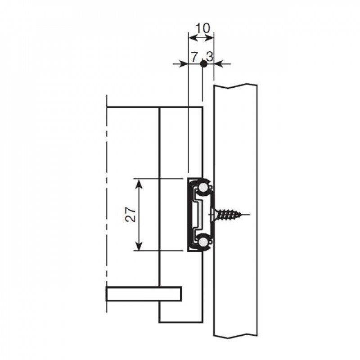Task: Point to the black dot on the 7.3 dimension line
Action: click(x=203, y=64)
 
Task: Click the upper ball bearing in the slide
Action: click(x=205, y=187)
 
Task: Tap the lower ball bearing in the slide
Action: click(x=205, y=243)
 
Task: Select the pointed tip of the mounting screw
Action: click(x=247, y=215)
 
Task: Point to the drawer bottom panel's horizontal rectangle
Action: click(x=144, y=293)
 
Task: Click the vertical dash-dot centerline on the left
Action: click(x=107, y=202)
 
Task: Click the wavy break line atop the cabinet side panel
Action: click(x=235, y=85)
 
